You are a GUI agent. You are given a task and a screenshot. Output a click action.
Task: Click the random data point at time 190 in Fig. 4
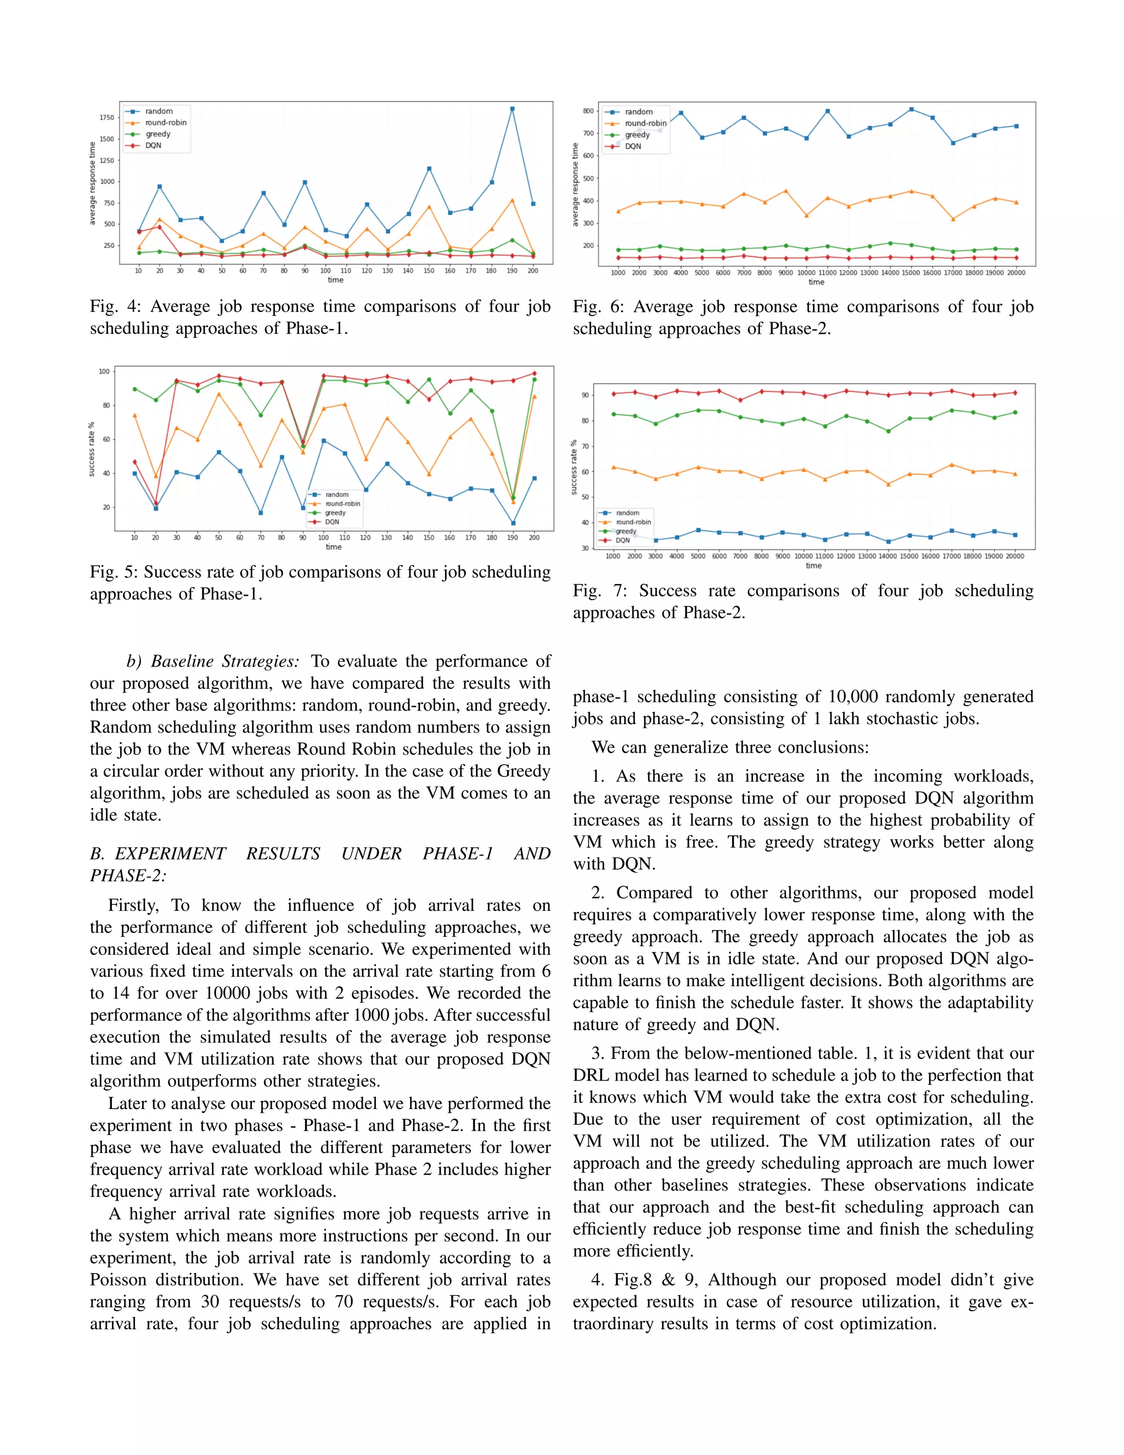(512, 109)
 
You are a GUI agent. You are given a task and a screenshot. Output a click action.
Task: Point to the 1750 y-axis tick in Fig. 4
(106, 118)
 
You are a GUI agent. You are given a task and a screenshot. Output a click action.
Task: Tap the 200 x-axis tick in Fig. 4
(533, 271)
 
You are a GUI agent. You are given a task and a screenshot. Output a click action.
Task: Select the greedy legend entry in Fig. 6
(637, 135)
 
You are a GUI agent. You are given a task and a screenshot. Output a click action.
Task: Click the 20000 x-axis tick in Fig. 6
(1015, 272)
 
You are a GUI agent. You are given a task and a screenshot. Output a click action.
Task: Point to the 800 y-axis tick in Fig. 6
(587, 111)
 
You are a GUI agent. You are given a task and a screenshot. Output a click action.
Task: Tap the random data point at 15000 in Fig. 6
(911, 109)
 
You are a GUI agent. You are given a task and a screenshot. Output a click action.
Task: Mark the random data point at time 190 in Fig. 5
(513, 523)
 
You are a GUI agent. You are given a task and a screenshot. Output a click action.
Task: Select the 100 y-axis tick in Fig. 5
(104, 372)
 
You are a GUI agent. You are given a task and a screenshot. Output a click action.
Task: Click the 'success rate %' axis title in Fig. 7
(574, 467)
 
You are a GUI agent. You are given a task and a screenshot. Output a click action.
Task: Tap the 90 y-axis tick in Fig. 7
(585, 395)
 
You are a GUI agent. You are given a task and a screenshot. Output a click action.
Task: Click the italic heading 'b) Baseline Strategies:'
(212, 662)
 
